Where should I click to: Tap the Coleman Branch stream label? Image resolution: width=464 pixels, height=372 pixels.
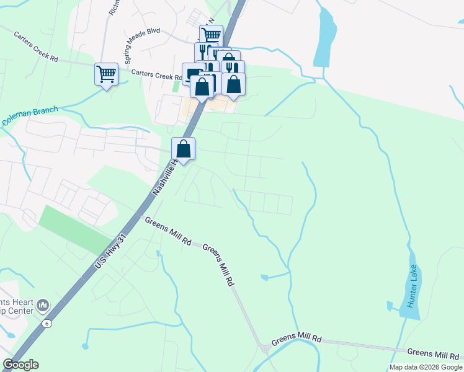[x=30, y=116]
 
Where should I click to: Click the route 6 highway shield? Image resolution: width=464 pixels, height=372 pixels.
[x=46, y=324]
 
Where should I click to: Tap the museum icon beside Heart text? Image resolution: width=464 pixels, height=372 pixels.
[x=43, y=305]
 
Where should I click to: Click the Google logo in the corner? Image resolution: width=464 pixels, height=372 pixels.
[x=20, y=365]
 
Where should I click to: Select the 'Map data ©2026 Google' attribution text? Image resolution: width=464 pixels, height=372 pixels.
[x=426, y=367]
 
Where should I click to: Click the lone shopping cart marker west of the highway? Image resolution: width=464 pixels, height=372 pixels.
[x=106, y=74]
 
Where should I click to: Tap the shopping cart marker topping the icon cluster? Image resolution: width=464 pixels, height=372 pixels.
[x=211, y=35]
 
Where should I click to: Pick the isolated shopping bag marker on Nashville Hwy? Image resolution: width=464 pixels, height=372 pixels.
[x=184, y=149]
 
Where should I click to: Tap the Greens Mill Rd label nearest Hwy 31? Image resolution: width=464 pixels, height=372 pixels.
[x=167, y=229]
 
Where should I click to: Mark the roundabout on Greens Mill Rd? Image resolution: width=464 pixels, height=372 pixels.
[x=265, y=348]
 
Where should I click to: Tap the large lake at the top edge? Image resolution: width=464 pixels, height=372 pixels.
[x=325, y=37]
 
